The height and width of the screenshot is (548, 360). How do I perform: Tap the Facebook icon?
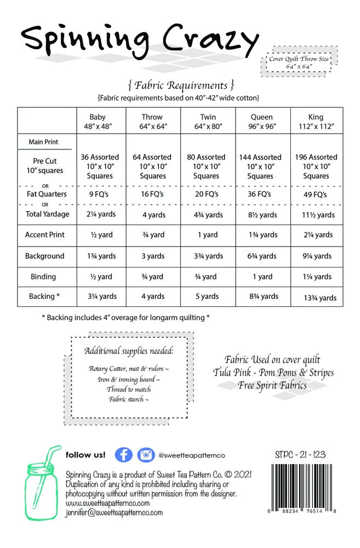pos(123,455)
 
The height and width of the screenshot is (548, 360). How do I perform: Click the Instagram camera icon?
pos(145,455)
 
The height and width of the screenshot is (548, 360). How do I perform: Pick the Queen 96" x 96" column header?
pos(262,121)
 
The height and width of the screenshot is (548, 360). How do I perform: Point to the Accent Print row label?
pos(44,235)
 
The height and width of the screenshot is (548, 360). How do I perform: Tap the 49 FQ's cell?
pos(316,194)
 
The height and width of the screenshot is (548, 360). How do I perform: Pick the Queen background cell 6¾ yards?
pos(262,256)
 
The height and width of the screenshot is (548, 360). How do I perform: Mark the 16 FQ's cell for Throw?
pos(152,194)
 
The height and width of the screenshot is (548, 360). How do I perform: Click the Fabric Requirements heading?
pos(180,85)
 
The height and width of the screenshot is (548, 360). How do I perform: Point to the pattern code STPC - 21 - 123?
pos(302,454)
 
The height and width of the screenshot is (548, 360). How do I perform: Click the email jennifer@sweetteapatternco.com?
pos(114,512)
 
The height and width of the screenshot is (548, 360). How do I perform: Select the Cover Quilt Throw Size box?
pos(298,62)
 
